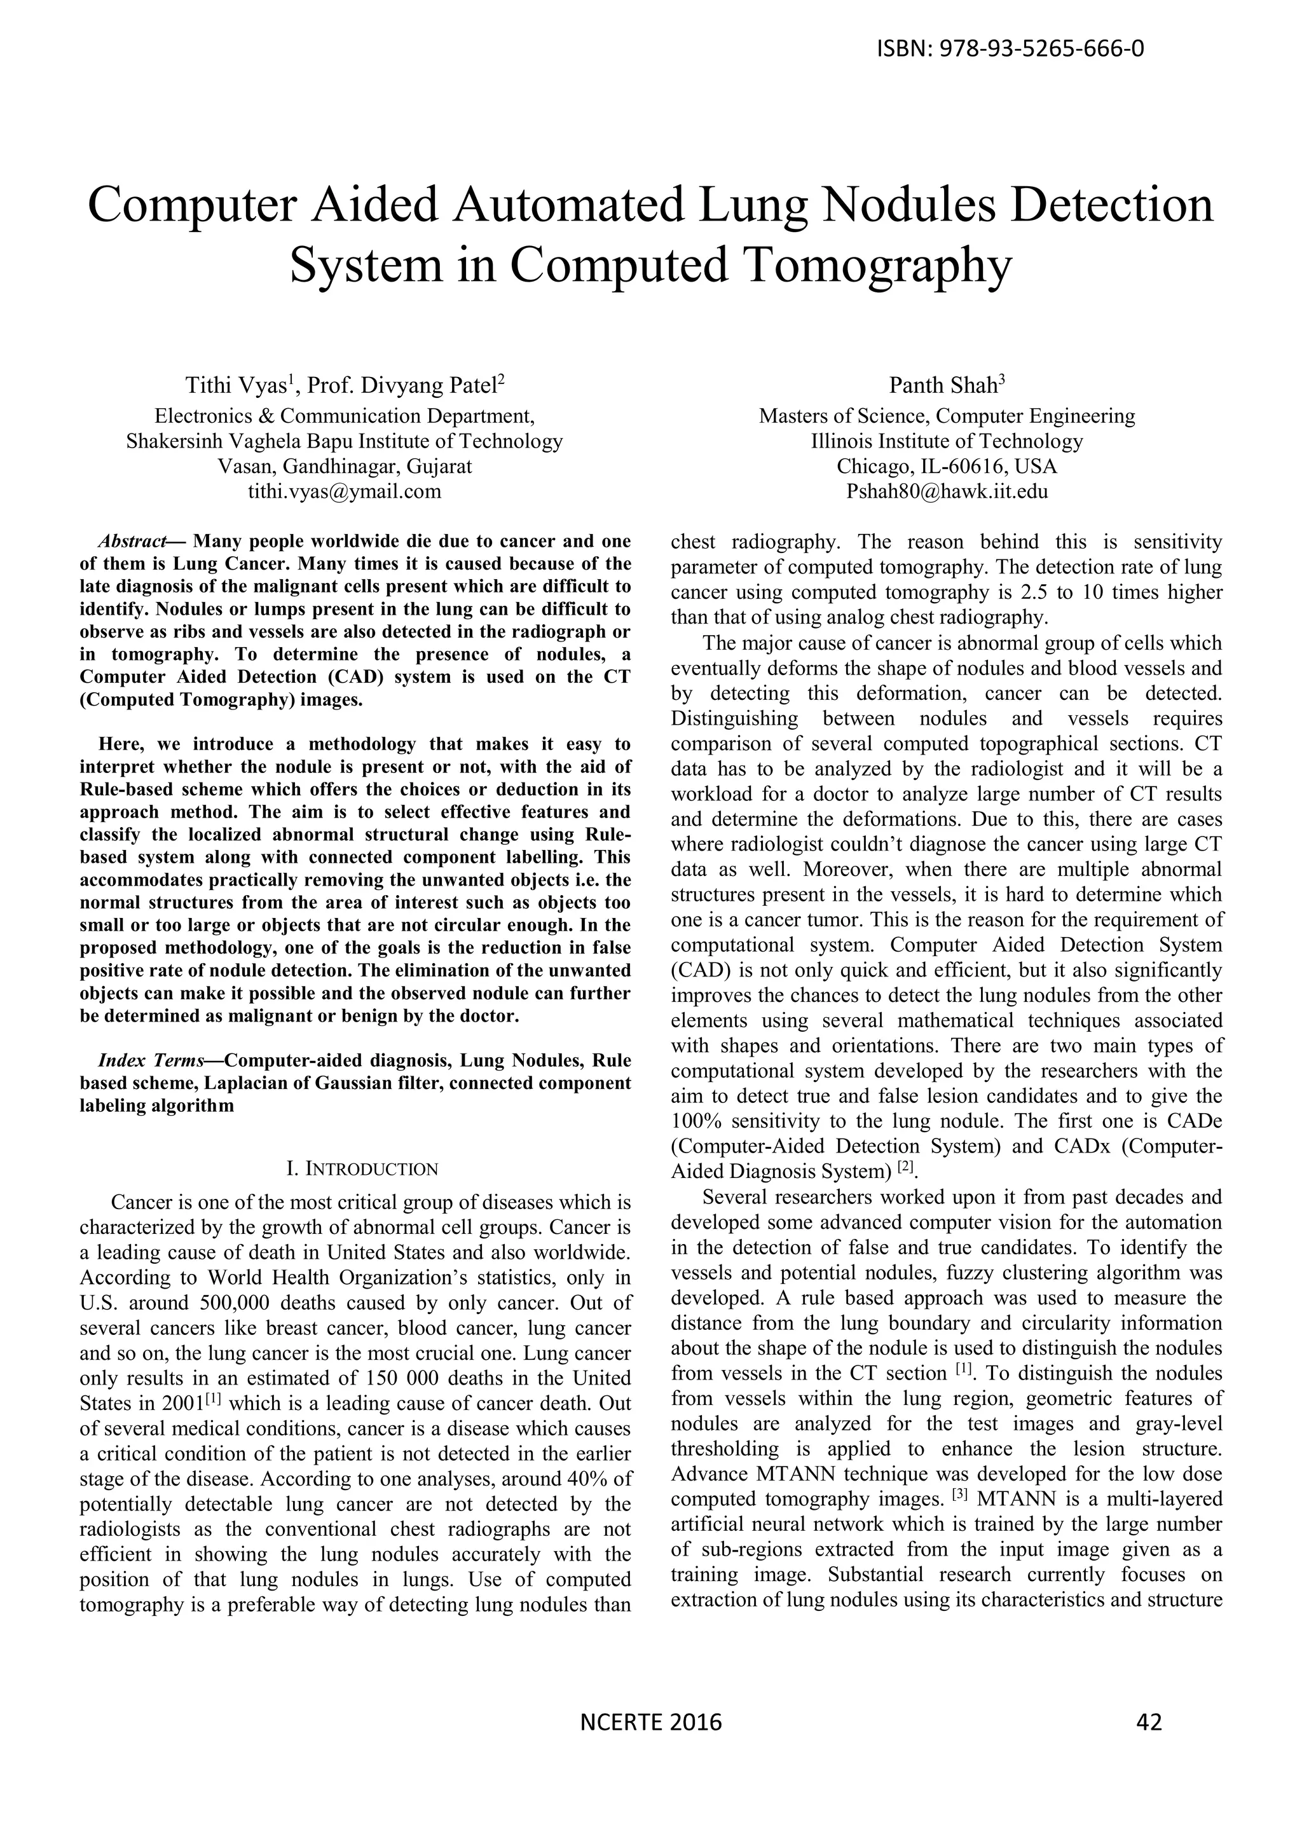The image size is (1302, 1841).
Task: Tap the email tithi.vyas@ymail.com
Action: [345, 491]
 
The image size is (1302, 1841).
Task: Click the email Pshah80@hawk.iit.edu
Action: [947, 491]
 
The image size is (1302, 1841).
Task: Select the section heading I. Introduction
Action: [362, 1169]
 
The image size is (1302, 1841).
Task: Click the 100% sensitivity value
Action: [698, 1120]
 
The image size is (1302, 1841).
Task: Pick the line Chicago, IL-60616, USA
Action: [947, 467]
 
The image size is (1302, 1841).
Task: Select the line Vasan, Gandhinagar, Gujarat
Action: [345, 467]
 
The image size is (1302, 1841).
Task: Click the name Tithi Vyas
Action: [236, 386]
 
